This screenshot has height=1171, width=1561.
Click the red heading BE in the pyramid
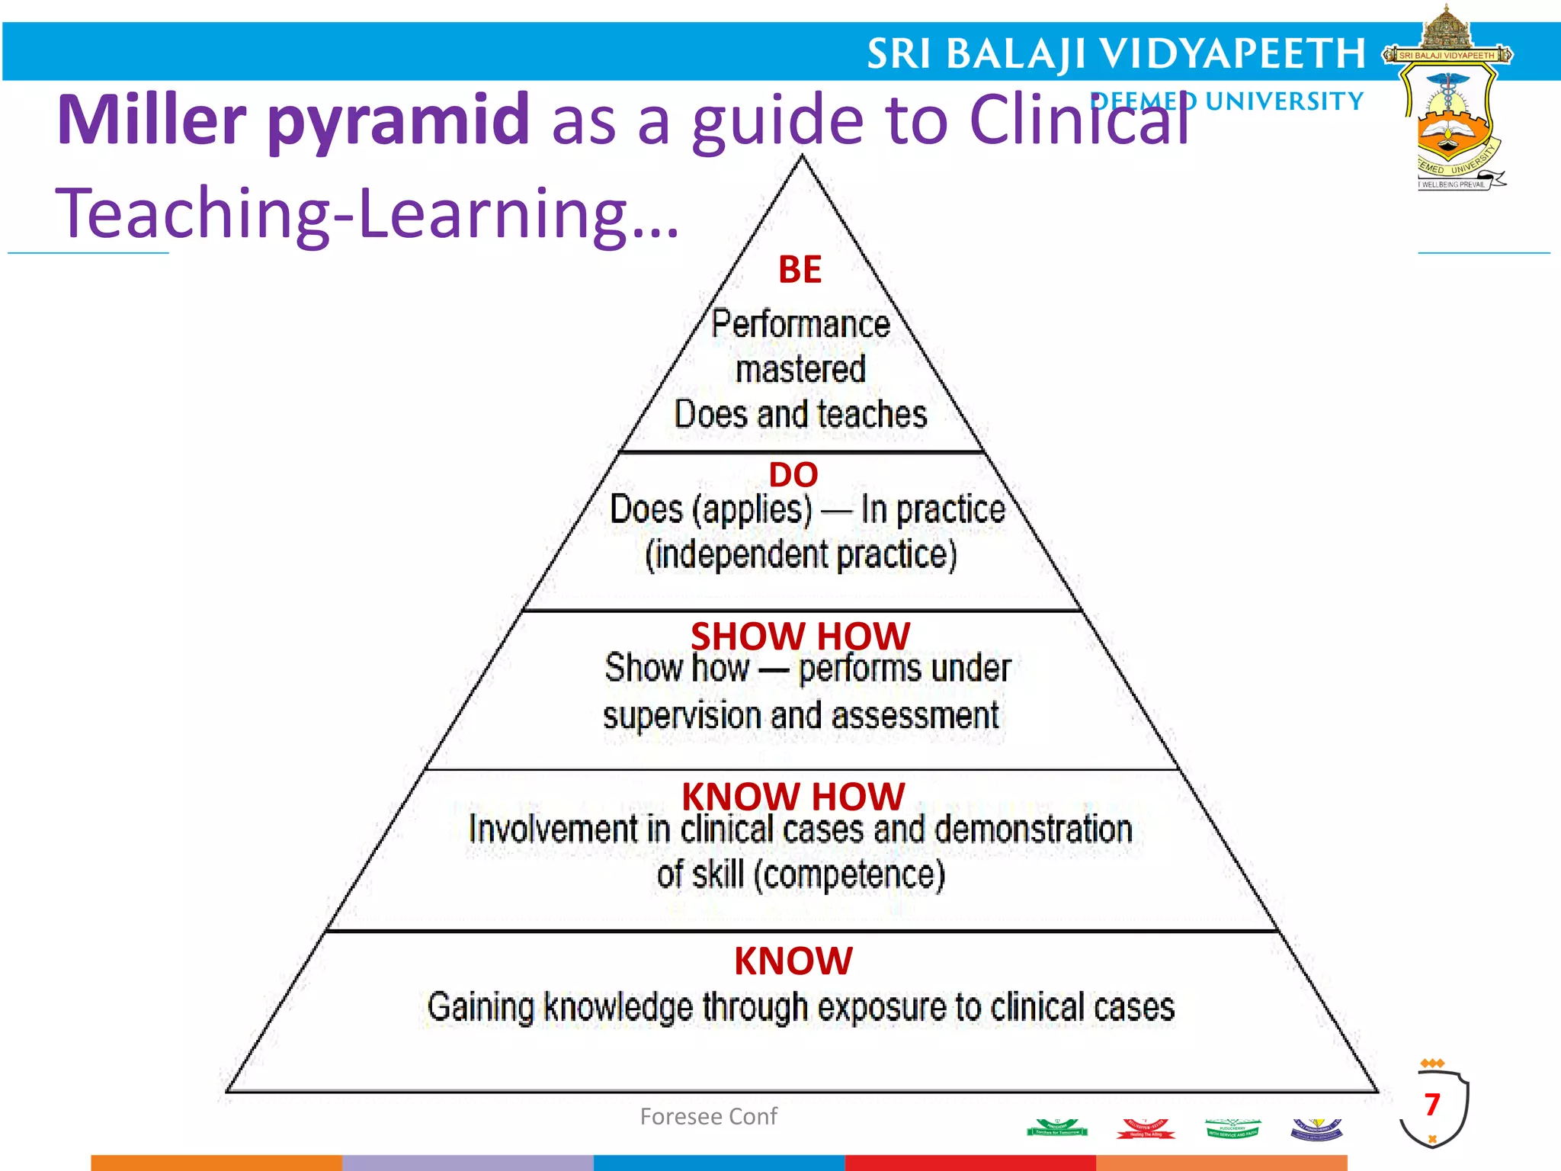point(800,270)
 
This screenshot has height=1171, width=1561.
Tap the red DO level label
point(793,475)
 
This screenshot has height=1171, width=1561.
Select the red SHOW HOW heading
point(800,636)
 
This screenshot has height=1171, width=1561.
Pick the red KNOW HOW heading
point(793,797)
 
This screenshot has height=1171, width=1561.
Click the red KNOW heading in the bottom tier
point(793,961)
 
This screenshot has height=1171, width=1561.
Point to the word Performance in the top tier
point(800,324)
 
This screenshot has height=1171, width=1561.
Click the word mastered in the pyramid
point(800,370)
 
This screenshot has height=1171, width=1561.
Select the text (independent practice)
point(800,555)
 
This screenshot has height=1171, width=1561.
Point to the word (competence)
point(849,875)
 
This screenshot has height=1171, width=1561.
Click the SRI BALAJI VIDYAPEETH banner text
point(1116,53)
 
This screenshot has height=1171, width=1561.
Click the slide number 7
point(1432,1105)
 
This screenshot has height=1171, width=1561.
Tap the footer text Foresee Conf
point(708,1117)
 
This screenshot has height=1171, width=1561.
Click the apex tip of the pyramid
point(802,158)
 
